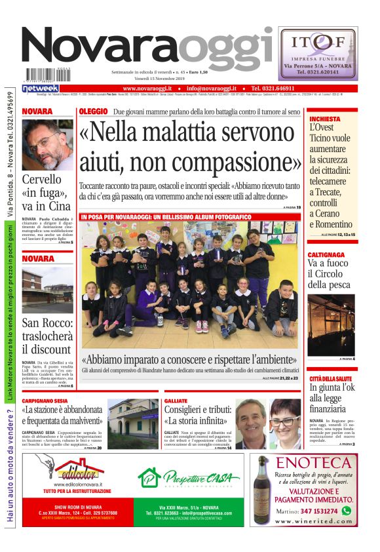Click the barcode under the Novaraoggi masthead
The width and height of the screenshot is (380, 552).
tap(48, 75)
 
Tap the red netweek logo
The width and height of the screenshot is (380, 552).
tap(41, 88)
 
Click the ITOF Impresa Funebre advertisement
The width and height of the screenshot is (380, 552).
tap(318, 53)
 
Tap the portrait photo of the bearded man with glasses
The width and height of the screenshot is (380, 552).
tap(47, 144)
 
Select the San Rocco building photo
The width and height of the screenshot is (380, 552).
tap(47, 289)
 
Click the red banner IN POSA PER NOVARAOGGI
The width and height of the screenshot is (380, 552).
tap(166, 216)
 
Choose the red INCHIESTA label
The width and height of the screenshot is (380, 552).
tap(325, 119)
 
